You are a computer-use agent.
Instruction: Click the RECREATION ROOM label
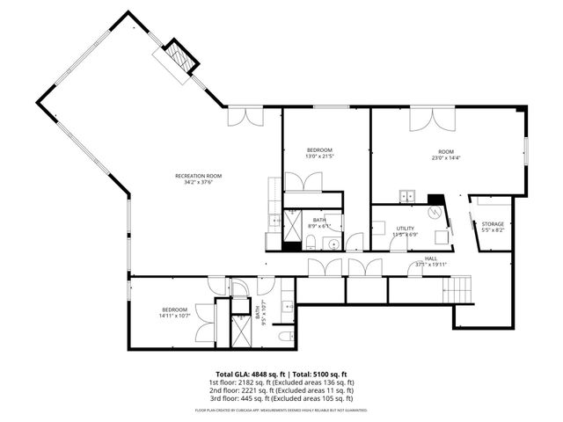coord(198,176)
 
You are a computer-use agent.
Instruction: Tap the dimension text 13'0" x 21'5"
coord(318,157)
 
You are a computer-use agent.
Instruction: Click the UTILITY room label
coord(405,229)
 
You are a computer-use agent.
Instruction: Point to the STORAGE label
coord(493,224)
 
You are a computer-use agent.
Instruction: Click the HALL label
coord(431,258)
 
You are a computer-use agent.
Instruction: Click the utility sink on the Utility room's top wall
coord(407,196)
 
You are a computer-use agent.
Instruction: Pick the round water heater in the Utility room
coord(434,212)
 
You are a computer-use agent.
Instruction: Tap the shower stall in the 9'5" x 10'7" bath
coord(238,329)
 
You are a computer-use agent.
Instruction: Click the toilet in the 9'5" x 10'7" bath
coord(284,337)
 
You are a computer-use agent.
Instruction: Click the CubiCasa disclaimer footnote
coord(281,410)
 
